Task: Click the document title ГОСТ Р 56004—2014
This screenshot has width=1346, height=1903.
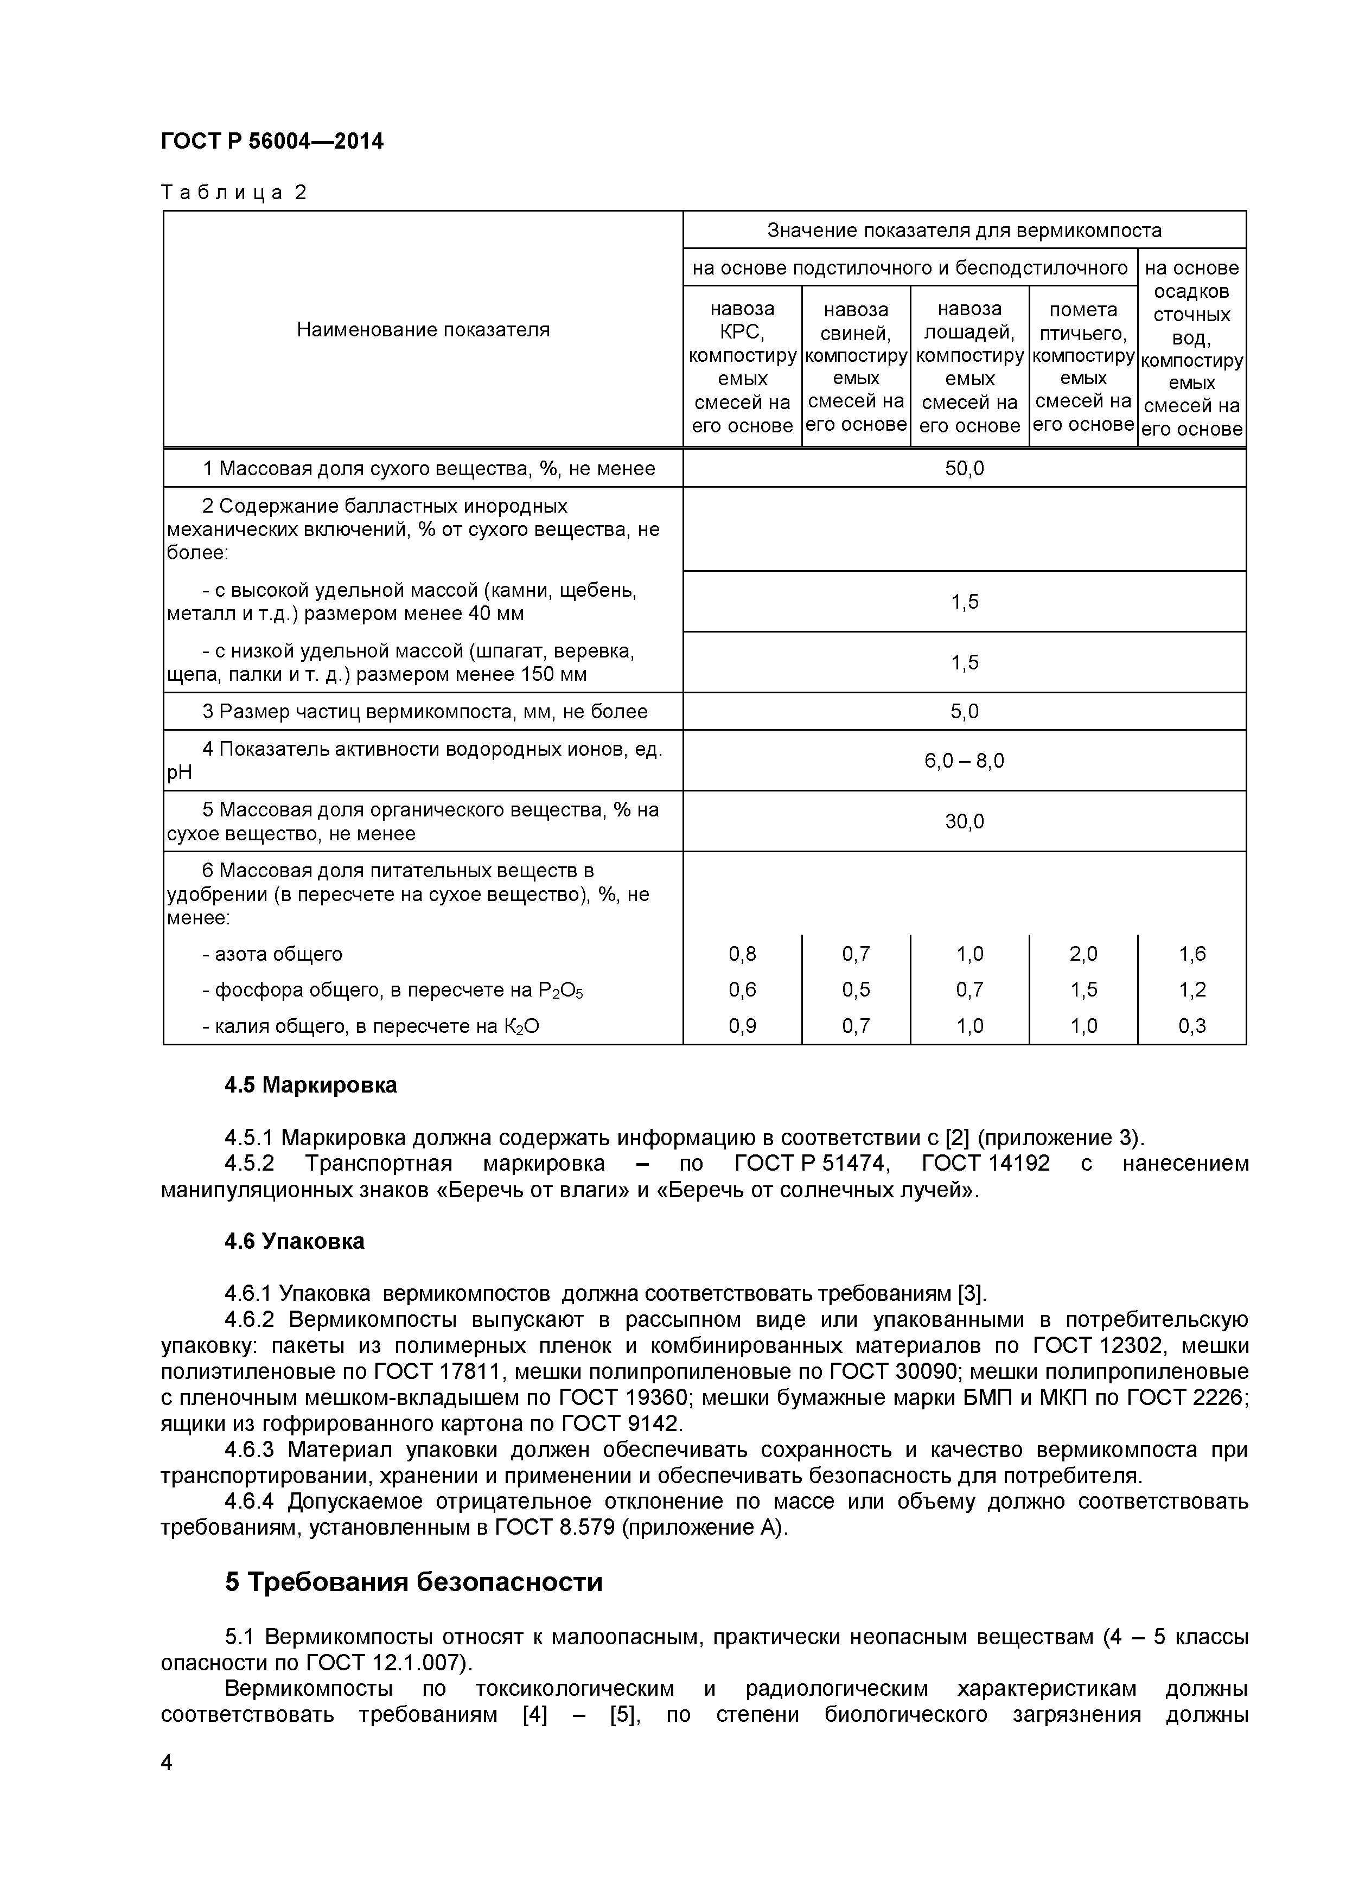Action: (x=272, y=142)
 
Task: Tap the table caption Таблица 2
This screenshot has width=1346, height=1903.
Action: (x=234, y=192)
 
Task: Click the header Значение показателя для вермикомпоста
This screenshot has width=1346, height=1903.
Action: (x=964, y=231)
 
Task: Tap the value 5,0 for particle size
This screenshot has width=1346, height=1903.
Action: (x=964, y=712)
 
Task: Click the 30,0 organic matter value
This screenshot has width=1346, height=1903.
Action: (x=964, y=821)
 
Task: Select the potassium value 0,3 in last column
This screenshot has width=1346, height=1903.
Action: (x=1192, y=1026)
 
